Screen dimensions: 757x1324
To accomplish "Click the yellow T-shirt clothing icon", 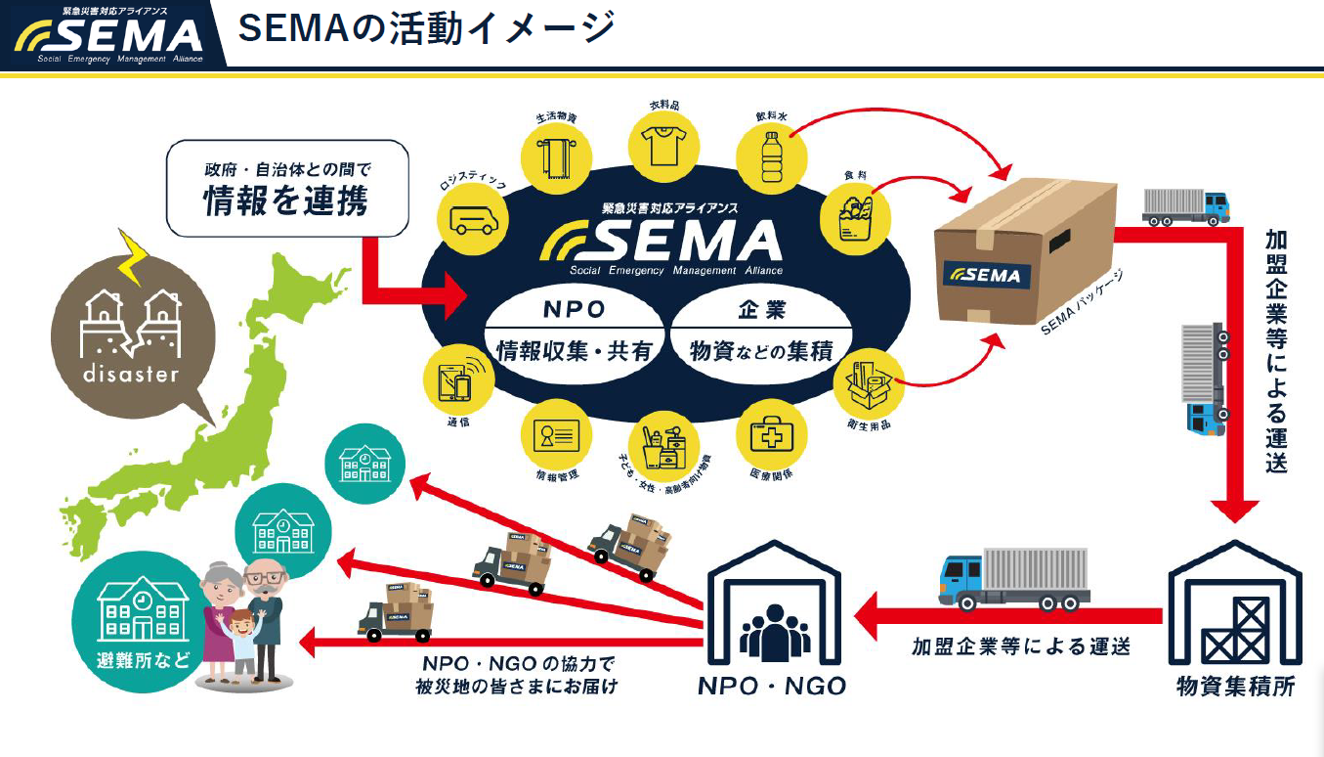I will [664, 143].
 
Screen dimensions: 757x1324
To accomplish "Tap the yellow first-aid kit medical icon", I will [770, 433].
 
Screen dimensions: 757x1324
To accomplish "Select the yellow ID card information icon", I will [556, 433].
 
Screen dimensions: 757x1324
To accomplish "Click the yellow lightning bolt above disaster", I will [133, 256].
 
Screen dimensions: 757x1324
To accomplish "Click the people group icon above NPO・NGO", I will [774, 631].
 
